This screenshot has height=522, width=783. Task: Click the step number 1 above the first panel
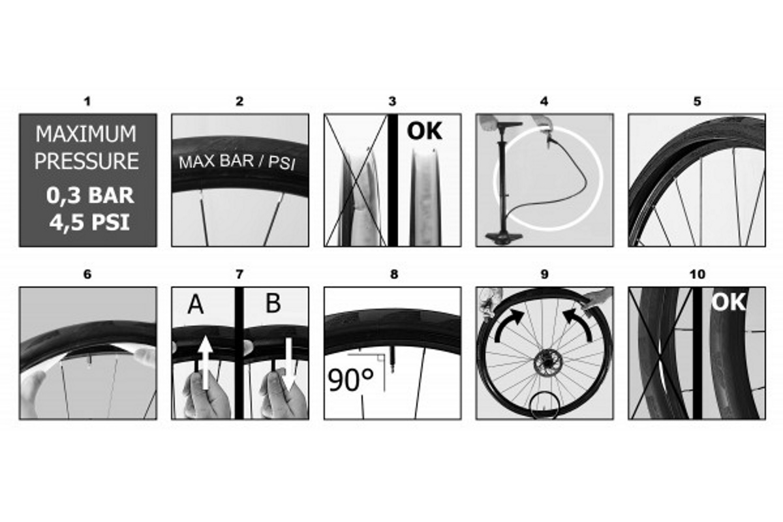click(87, 101)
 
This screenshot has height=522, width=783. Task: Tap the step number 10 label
click(697, 274)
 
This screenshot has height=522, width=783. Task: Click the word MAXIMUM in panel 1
click(86, 134)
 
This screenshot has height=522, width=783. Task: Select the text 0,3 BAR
click(90, 195)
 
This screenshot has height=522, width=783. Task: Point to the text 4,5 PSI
click(89, 223)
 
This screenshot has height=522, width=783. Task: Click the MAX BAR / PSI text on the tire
click(238, 162)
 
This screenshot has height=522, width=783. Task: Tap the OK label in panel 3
click(424, 130)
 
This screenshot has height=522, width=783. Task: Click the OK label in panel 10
click(728, 301)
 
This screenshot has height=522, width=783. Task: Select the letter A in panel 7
click(195, 304)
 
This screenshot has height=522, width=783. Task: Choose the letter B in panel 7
click(273, 303)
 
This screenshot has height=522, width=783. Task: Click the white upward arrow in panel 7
click(206, 363)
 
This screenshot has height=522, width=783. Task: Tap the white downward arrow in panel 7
click(289, 364)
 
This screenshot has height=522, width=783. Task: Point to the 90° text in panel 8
click(350, 380)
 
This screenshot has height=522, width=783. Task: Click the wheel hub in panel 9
click(547, 363)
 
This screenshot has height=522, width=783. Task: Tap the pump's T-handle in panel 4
click(510, 125)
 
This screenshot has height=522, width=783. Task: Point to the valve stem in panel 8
click(392, 359)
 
